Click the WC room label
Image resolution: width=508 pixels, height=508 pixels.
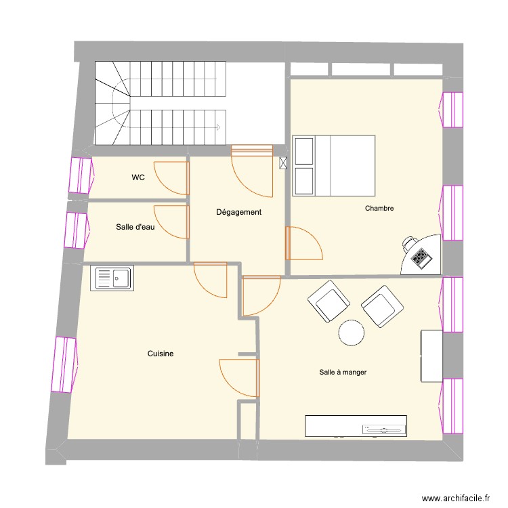tap(138, 178)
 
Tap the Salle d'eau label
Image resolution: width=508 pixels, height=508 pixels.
tap(135, 228)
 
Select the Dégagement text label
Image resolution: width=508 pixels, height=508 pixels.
tap(238, 212)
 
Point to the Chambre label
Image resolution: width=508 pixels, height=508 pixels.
tap(379, 208)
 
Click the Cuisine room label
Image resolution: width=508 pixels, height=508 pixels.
tap(161, 354)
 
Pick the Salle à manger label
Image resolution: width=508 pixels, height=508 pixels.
tap(343, 372)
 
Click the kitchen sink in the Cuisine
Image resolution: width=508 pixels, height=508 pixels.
tap(113, 278)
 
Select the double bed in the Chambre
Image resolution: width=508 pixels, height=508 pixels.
tap(334, 165)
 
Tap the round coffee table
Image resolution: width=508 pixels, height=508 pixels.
tap(352, 333)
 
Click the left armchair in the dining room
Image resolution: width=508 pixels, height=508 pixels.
tap(329, 302)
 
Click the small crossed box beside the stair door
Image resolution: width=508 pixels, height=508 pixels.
tap(283, 163)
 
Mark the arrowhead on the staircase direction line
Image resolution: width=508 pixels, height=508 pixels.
tap(218, 127)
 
